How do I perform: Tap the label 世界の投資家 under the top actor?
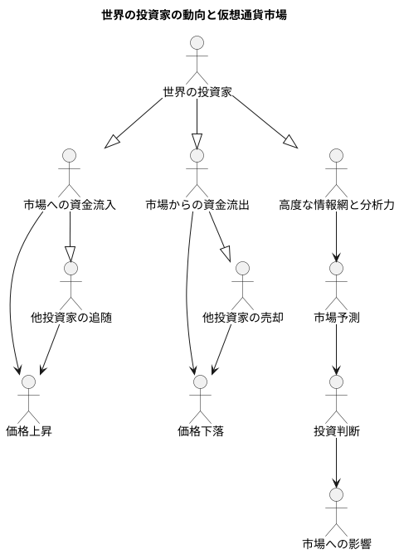coord(197,91)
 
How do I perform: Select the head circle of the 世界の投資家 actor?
coord(197,41)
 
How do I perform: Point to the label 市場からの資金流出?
coord(197,204)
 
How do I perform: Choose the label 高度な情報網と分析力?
coord(336,204)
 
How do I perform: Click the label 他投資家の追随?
coord(71,317)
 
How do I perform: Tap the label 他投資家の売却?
coord(242,317)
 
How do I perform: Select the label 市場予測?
coord(336,317)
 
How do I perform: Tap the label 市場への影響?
coord(336,543)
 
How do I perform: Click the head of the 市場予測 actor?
coord(336,268)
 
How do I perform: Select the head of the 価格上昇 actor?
coord(29,381)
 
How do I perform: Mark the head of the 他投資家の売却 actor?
coord(242,268)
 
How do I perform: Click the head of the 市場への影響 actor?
coord(336,494)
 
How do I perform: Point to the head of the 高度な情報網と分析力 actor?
coord(336,155)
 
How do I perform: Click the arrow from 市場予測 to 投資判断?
coord(336,348)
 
